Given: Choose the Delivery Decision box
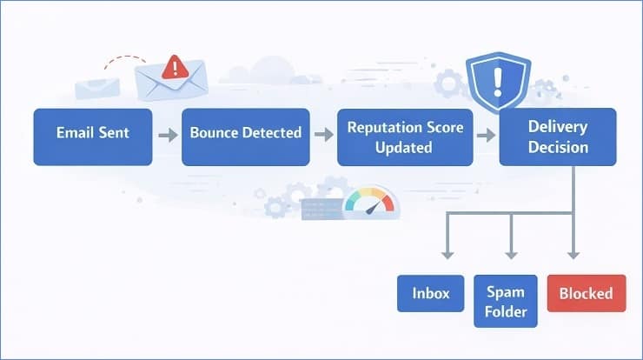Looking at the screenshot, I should (x=557, y=137).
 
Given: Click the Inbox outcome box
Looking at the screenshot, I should (x=430, y=293).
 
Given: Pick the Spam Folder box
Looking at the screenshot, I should (x=506, y=301).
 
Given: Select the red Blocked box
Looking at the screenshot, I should (x=587, y=293).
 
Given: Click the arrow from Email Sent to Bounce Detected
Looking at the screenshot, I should (x=167, y=136).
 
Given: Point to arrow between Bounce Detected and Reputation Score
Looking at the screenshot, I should (x=323, y=136).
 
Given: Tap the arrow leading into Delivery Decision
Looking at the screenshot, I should (x=486, y=136).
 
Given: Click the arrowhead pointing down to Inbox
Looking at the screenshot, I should (x=447, y=253).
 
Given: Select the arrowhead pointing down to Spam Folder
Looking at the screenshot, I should (x=510, y=253).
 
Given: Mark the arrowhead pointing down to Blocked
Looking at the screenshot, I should (x=573, y=253).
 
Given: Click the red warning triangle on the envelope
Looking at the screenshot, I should (x=176, y=66).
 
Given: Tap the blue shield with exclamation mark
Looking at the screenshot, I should (x=498, y=81).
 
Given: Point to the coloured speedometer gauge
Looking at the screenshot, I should (x=370, y=201).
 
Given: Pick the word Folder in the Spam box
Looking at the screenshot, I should (x=506, y=310).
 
